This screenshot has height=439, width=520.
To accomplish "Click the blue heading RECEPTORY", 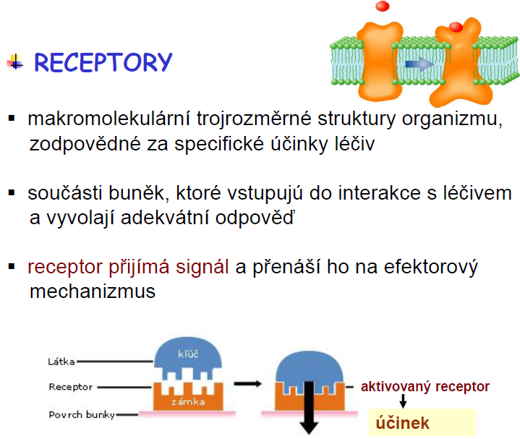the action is (103, 62).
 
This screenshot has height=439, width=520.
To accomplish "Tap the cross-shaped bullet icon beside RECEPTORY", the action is (14, 62).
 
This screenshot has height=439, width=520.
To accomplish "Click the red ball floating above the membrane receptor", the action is (383, 6).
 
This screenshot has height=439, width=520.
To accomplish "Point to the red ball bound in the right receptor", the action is (456, 27).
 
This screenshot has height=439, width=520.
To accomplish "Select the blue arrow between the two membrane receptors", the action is (419, 64).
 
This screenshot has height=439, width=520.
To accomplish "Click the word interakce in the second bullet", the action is (380, 193).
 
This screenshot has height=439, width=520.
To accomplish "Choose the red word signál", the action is (202, 268).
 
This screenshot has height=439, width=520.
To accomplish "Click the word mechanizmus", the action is (93, 291).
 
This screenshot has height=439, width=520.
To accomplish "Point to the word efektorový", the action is (430, 268).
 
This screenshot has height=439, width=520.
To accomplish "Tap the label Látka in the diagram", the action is (61, 362).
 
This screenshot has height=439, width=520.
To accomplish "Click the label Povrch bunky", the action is (82, 415).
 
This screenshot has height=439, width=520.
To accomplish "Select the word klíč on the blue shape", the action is (188, 354).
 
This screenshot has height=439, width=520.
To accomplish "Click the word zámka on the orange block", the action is (188, 402).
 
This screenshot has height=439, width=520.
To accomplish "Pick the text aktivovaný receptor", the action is (425, 387).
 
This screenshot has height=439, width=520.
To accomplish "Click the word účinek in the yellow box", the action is (402, 423).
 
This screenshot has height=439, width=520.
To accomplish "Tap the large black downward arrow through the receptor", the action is (309, 408).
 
